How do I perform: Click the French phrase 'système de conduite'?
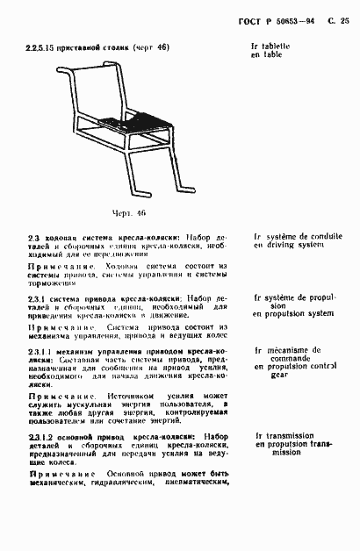coord(304,236)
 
